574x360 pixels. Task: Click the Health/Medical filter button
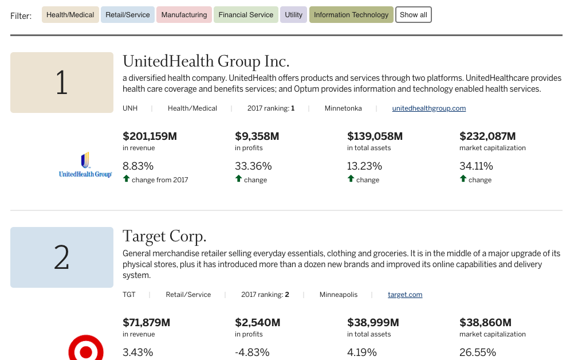pyautogui.click(x=70, y=15)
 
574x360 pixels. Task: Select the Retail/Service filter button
pyautogui.click(x=128, y=15)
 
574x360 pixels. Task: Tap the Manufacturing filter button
pyautogui.click(x=184, y=15)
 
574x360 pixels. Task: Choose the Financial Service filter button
pyautogui.click(x=246, y=15)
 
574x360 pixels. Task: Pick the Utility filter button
pyautogui.click(x=293, y=15)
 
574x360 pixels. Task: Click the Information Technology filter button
pyautogui.click(x=351, y=15)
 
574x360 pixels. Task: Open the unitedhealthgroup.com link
pyautogui.click(x=428, y=108)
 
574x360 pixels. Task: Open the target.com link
pyautogui.click(x=405, y=295)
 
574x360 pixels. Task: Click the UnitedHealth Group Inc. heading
pyautogui.click(x=206, y=61)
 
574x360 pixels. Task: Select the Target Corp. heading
pyautogui.click(x=164, y=236)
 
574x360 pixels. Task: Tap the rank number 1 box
pyautogui.click(x=62, y=83)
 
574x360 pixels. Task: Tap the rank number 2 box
pyautogui.click(x=62, y=257)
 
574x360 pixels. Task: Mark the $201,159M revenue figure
pyautogui.click(x=150, y=136)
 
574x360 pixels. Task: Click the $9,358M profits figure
pyautogui.click(x=257, y=136)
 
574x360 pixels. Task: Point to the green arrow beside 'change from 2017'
pyautogui.click(x=126, y=179)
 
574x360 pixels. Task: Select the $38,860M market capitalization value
pyautogui.click(x=485, y=323)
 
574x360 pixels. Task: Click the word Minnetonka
pyautogui.click(x=343, y=108)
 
